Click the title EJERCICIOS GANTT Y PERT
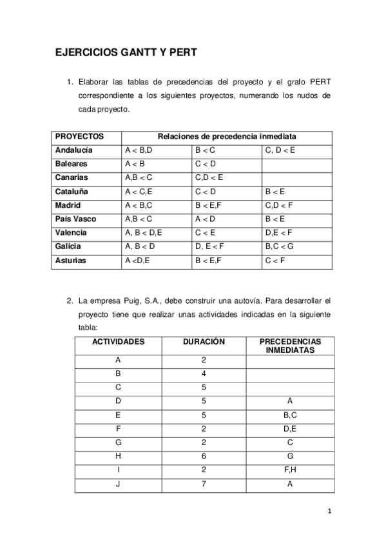coord(126,55)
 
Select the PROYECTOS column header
coord(79,137)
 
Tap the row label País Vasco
coord(75,219)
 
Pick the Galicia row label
coord(68,246)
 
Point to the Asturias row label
coord(71,261)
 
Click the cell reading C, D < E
coord(280,150)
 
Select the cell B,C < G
coord(279,246)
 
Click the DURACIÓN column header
coord(204,342)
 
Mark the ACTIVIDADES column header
coord(119,342)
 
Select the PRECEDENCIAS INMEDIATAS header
coord(290,346)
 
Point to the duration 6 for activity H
coord(204,457)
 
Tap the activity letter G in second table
coord(118,443)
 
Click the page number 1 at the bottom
coord(329,512)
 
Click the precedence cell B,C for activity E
coord(290,415)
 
